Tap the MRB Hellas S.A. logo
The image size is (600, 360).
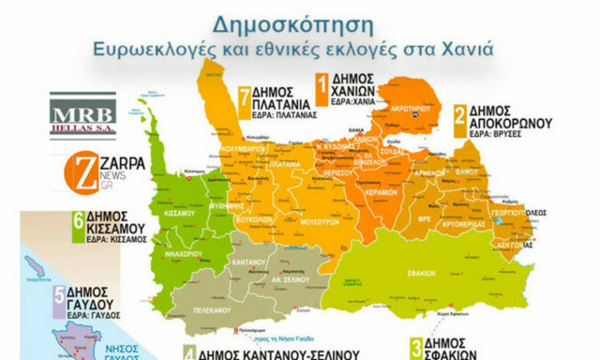pos(82,114)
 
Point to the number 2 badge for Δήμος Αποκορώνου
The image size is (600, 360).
pos(460,116)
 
